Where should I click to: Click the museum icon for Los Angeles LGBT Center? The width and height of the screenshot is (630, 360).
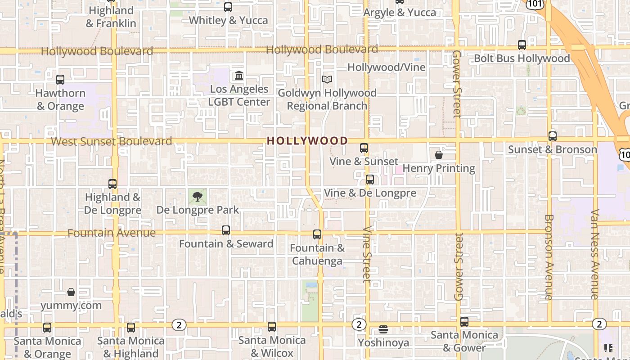coord(239,75)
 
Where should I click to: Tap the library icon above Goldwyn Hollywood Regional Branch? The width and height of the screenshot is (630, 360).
coord(327,80)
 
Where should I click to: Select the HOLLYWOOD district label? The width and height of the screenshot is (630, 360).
coord(307,141)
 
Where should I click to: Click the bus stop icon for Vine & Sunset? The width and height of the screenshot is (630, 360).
coord(364,148)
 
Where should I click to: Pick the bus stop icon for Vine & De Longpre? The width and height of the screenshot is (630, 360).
coord(369,180)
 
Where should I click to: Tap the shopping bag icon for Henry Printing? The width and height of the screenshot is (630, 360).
coord(439,155)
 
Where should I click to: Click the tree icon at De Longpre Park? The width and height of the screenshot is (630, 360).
coord(197,196)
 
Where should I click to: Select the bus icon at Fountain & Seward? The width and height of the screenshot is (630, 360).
coord(226,230)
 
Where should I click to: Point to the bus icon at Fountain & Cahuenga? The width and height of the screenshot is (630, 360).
coord(317,234)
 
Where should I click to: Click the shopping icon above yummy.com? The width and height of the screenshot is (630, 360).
coord(71,292)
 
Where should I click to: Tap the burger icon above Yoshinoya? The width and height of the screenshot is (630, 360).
coord(383,329)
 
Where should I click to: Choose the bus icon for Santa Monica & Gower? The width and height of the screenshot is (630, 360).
coord(464,322)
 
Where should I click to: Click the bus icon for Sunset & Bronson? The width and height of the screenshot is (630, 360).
coord(553,136)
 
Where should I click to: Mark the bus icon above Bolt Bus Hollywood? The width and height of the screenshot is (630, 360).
coord(522,45)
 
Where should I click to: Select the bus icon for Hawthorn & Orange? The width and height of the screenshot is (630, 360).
coord(60,80)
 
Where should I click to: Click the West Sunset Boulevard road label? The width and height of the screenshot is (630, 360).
coord(111,141)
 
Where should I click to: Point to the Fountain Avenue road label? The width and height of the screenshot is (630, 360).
coord(111,233)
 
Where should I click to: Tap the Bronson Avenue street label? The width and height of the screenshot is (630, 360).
coord(549,257)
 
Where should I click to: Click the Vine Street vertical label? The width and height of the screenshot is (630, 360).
coord(367,254)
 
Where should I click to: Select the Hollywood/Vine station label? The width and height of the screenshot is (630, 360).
coord(386,67)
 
